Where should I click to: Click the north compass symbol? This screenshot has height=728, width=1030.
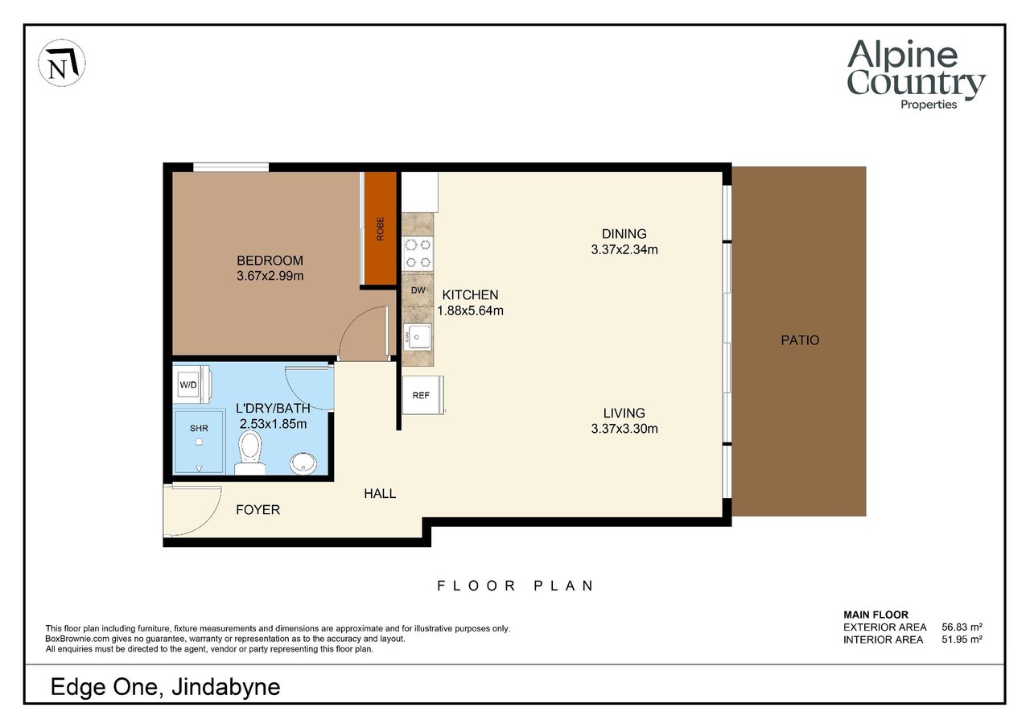pyautogui.click(x=62, y=63)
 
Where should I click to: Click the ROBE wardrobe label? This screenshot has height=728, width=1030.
pyautogui.click(x=381, y=229)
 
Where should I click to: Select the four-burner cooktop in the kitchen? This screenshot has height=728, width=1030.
pyautogui.click(x=418, y=253)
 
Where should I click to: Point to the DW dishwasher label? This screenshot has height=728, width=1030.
pyautogui.click(x=418, y=290)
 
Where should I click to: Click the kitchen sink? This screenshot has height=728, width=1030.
pyautogui.click(x=418, y=337)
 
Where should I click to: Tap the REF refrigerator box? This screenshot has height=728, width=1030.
pyautogui.click(x=423, y=395)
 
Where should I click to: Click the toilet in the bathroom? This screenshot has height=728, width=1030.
pyautogui.click(x=250, y=453)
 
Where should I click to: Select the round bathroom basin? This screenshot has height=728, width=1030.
pyautogui.click(x=303, y=463)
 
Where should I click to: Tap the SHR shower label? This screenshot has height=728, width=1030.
pyautogui.click(x=199, y=428)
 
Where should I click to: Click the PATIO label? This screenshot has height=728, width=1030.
pyautogui.click(x=800, y=340)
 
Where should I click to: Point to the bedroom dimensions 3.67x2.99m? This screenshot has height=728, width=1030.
pyautogui.click(x=270, y=276)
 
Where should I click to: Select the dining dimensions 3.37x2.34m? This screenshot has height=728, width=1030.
pyautogui.click(x=624, y=249)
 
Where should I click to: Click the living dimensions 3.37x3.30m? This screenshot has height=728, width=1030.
pyautogui.click(x=624, y=429)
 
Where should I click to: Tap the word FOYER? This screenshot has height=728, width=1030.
pyautogui.click(x=258, y=510)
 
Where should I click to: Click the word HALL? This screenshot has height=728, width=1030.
pyautogui.click(x=380, y=494)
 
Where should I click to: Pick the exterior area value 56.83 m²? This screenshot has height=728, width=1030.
pyautogui.click(x=962, y=627)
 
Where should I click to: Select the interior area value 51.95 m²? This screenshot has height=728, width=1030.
pyautogui.click(x=962, y=640)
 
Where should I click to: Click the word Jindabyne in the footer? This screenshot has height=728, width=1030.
pyautogui.click(x=226, y=688)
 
